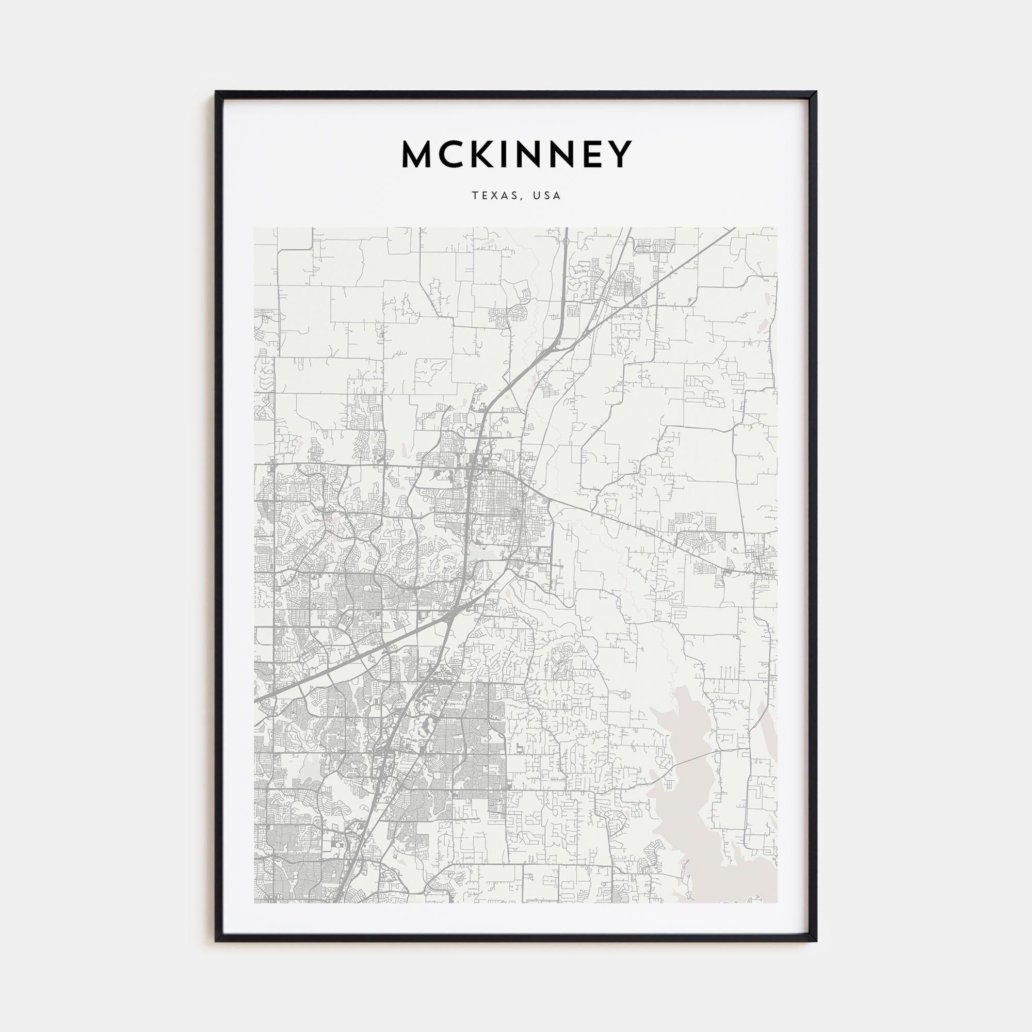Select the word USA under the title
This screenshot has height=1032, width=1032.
(x=547, y=196)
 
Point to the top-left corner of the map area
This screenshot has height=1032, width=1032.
(x=254, y=228)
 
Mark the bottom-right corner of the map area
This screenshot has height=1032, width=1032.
(x=777, y=902)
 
